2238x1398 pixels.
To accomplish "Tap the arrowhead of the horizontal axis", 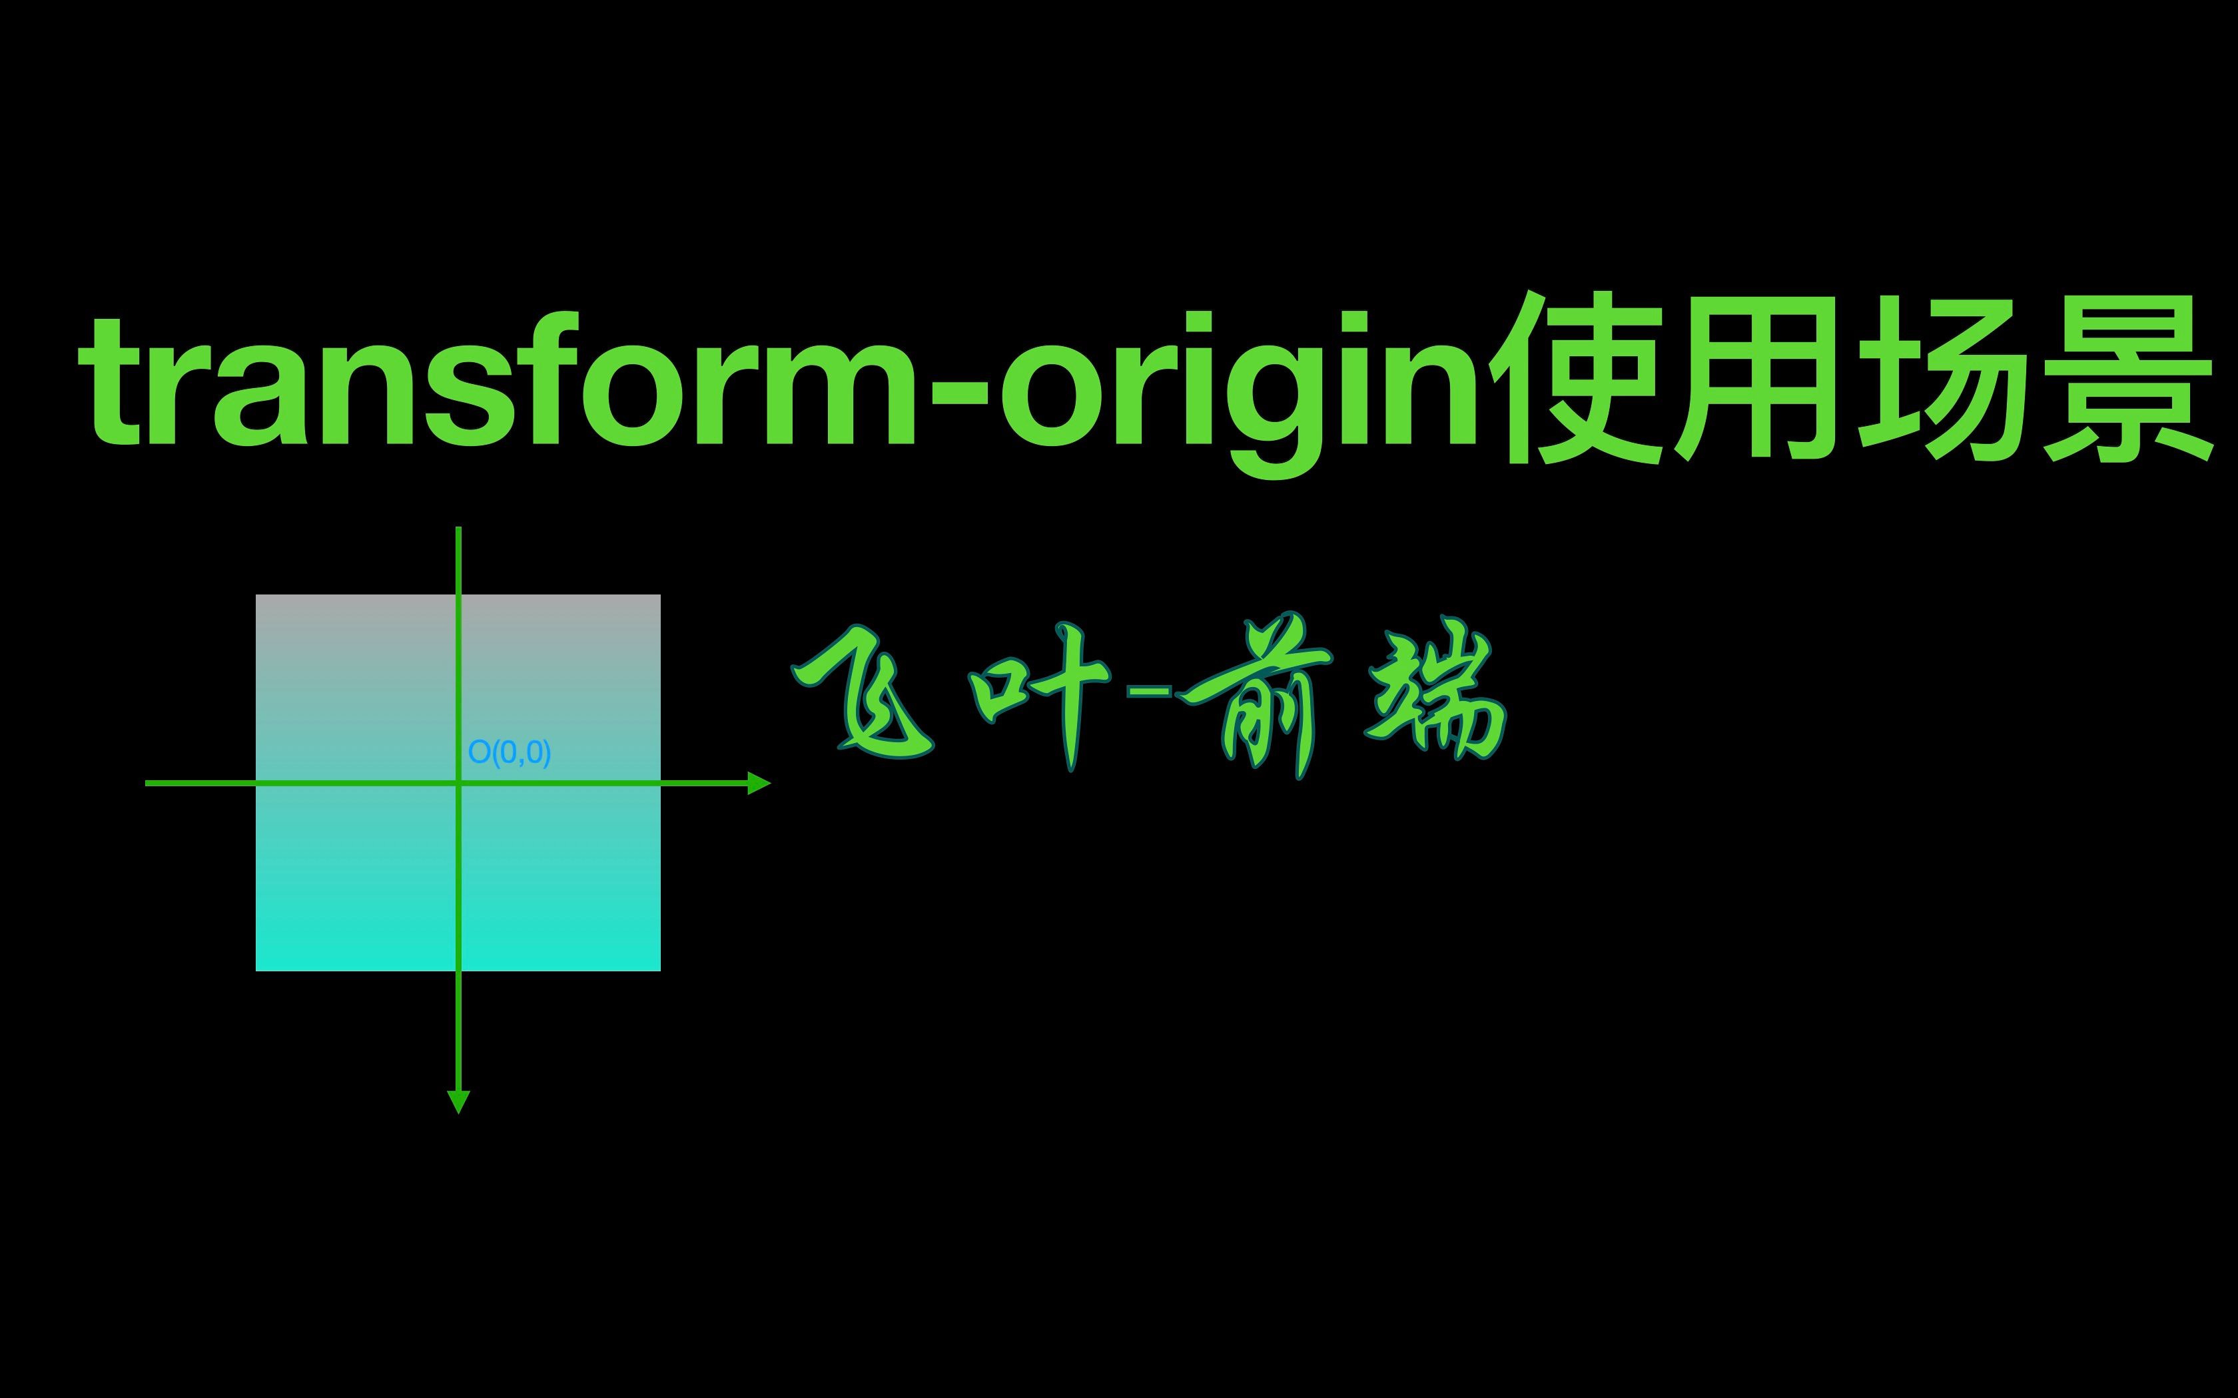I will pyautogui.click(x=759, y=783).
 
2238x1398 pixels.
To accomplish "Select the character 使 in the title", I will pyautogui.click(x=1581, y=379).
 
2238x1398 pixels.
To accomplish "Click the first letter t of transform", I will pyautogui.click(x=112, y=383).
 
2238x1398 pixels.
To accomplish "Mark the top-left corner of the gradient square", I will pyautogui.click(x=256, y=595).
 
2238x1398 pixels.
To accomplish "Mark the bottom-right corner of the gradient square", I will pyautogui.click(x=659, y=970).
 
